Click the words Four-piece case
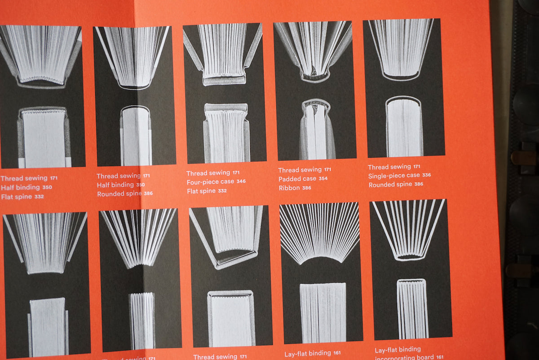[209, 182]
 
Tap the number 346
[241, 182]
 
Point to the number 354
[323, 178]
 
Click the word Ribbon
[289, 188]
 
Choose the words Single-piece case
[393, 176]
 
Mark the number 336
[426, 175]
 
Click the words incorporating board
[404, 357]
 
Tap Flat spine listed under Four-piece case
[201, 191]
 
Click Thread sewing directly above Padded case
[300, 170]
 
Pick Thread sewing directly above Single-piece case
[389, 167]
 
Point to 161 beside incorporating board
[440, 357]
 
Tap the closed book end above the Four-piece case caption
[226, 133]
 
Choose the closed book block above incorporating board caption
[411, 309]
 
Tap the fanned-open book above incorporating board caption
[409, 229]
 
